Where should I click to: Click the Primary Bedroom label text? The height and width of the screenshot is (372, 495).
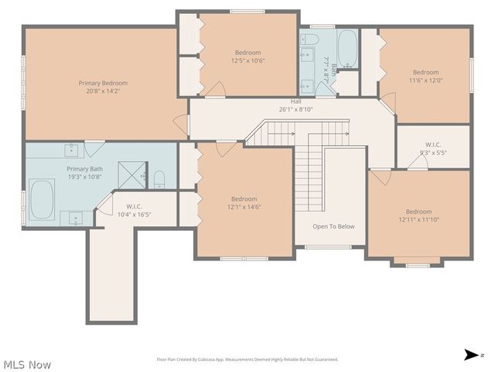coord(103,83)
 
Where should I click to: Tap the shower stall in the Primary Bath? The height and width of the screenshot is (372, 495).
coord(131,175)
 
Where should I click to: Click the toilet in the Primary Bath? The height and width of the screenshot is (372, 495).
coord(159,181)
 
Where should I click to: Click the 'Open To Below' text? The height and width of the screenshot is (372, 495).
coord(333,226)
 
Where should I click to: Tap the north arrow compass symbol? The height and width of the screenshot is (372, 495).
coord(470,355)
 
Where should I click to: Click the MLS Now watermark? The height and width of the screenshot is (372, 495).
coord(27,363)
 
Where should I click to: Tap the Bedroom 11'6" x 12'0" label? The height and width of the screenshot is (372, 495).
coord(425,76)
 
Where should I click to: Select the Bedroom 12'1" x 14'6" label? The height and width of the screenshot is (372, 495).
coord(244,202)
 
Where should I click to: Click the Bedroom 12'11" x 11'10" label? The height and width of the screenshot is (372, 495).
coord(418,215)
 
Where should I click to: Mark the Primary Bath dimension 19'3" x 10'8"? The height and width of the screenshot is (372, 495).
coord(84,177)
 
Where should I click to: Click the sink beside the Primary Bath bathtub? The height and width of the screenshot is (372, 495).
coord(76,217)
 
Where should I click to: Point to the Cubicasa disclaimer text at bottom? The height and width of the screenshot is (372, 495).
coord(247,359)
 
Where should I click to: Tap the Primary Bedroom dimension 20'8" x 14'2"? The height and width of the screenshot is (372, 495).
coord(103,91)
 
